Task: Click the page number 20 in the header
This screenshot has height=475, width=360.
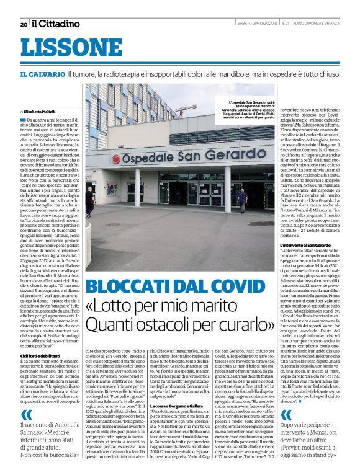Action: [24, 25]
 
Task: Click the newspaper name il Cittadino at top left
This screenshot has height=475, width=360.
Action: [56, 24]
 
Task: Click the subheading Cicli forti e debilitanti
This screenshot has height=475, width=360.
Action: [41, 355]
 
